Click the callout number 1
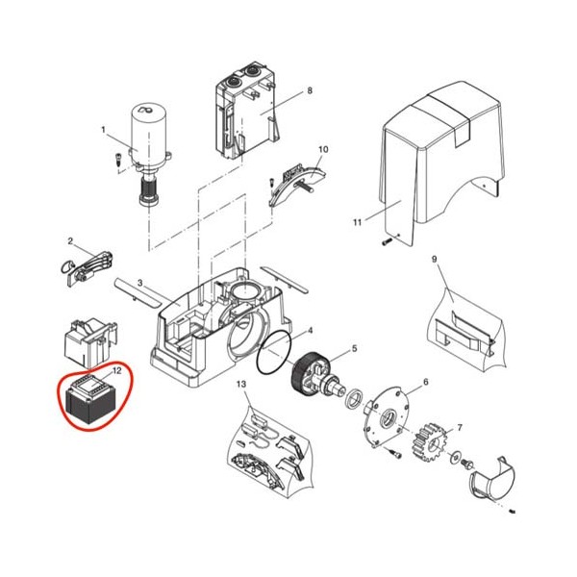(x=104, y=130)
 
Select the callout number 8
(x=310, y=90)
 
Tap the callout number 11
(x=358, y=222)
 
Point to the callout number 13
(x=241, y=384)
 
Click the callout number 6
(x=426, y=382)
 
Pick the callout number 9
(x=435, y=259)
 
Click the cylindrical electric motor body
(x=149, y=135)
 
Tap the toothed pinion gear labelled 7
(x=430, y=441)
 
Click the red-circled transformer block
(x=90, y=400)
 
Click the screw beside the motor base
(x=118, y=160)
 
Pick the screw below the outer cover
(x=387, y=242)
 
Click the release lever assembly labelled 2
(x=87, y=266)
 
